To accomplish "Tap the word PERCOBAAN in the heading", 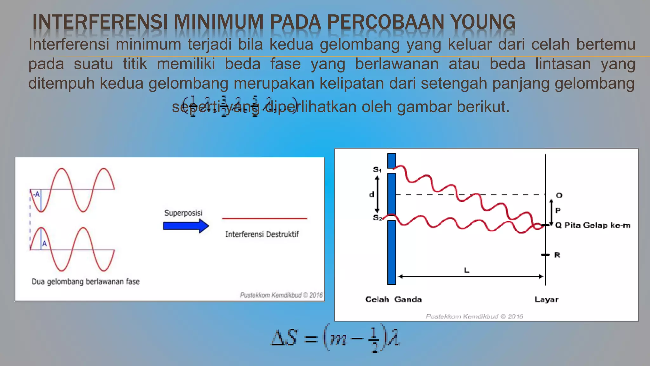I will coord(386,22).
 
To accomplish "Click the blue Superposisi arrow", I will coord(186,226).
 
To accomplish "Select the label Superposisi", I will coord(183,213).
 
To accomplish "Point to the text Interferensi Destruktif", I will coord(262,234).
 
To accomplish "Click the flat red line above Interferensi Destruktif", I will coord(264,219).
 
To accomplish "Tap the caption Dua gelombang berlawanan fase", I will coord(85,281).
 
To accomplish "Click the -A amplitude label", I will coord(36,194).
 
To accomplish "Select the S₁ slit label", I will coord(377,170).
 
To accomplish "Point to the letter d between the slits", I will coord(372,194).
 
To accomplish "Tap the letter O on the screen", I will coord(559,195).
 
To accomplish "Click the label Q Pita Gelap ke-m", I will coord(593,225).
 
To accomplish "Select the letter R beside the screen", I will coord(557,255).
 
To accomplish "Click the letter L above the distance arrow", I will coord(467,270).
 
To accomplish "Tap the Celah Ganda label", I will coord(394,299).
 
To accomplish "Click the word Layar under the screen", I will coord(546,299).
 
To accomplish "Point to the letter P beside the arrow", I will coord(558,210).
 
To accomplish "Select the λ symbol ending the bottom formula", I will coord(393,338).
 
